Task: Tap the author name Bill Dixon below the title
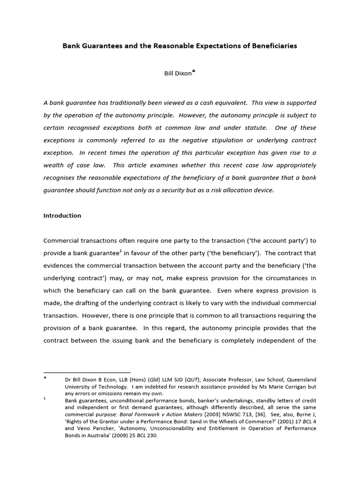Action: click(x=177, y=74)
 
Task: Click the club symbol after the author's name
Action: click(x=194, y=72)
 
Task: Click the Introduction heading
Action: click(x=62, y=216)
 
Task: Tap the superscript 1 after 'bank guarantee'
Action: click(x=121, y=251)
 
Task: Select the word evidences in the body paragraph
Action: click(x=59, y=265)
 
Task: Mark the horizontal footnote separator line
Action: click(x=87, y=373)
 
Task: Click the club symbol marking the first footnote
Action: click(x=45, y=378)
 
